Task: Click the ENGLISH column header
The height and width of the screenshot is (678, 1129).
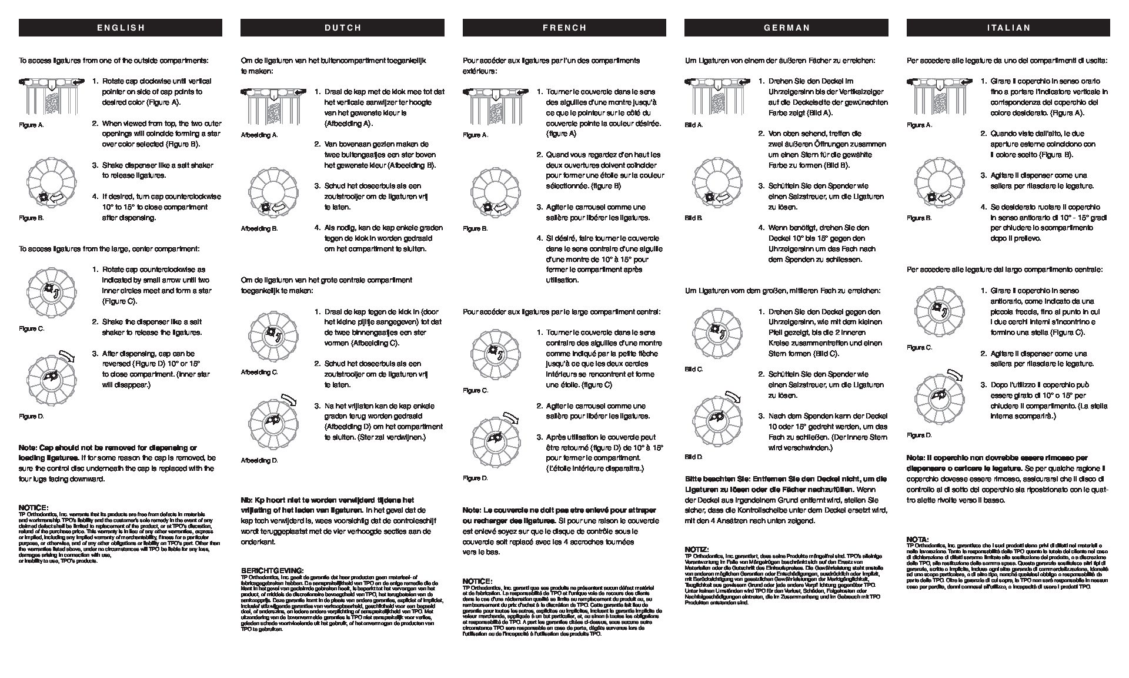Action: pyautogui.click(x=121, y=28)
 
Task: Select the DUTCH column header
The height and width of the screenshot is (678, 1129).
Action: pyautogui.click(x=342, y=28)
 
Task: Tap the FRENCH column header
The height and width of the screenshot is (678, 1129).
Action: pyautogui.click(x=564, y=28)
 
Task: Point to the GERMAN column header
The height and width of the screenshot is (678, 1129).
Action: pyautogui.click(x=786, y=28)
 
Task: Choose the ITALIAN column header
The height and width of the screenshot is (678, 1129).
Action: pyautogui.click(x=1008, y=28)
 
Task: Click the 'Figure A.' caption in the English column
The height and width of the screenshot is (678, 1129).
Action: pyautogui.click(x=31, y=125)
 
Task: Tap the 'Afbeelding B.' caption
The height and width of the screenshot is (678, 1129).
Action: pyautogui.click(x=259, y=228)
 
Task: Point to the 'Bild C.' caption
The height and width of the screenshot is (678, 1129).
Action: pyautogui.click(x=693, y=369)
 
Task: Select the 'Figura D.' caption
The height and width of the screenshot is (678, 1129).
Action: pyautogui.click(x=919, y=436)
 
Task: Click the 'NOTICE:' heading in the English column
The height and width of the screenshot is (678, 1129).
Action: pyautogui.click(x=34, y=507)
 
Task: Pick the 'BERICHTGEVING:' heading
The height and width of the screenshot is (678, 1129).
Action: pyautogui.click(x=272, y=570)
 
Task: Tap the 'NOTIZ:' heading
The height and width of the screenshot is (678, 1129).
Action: pyautogui.click(x=697, y=549)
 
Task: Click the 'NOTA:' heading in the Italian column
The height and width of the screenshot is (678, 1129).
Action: pyautogui.click(x=917, y=539)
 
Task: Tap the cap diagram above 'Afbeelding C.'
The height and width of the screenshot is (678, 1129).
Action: pyautogui.click(x=273, y=337)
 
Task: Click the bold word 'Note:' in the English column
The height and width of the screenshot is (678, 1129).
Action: pyautogui.click(x=28, y=448)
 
